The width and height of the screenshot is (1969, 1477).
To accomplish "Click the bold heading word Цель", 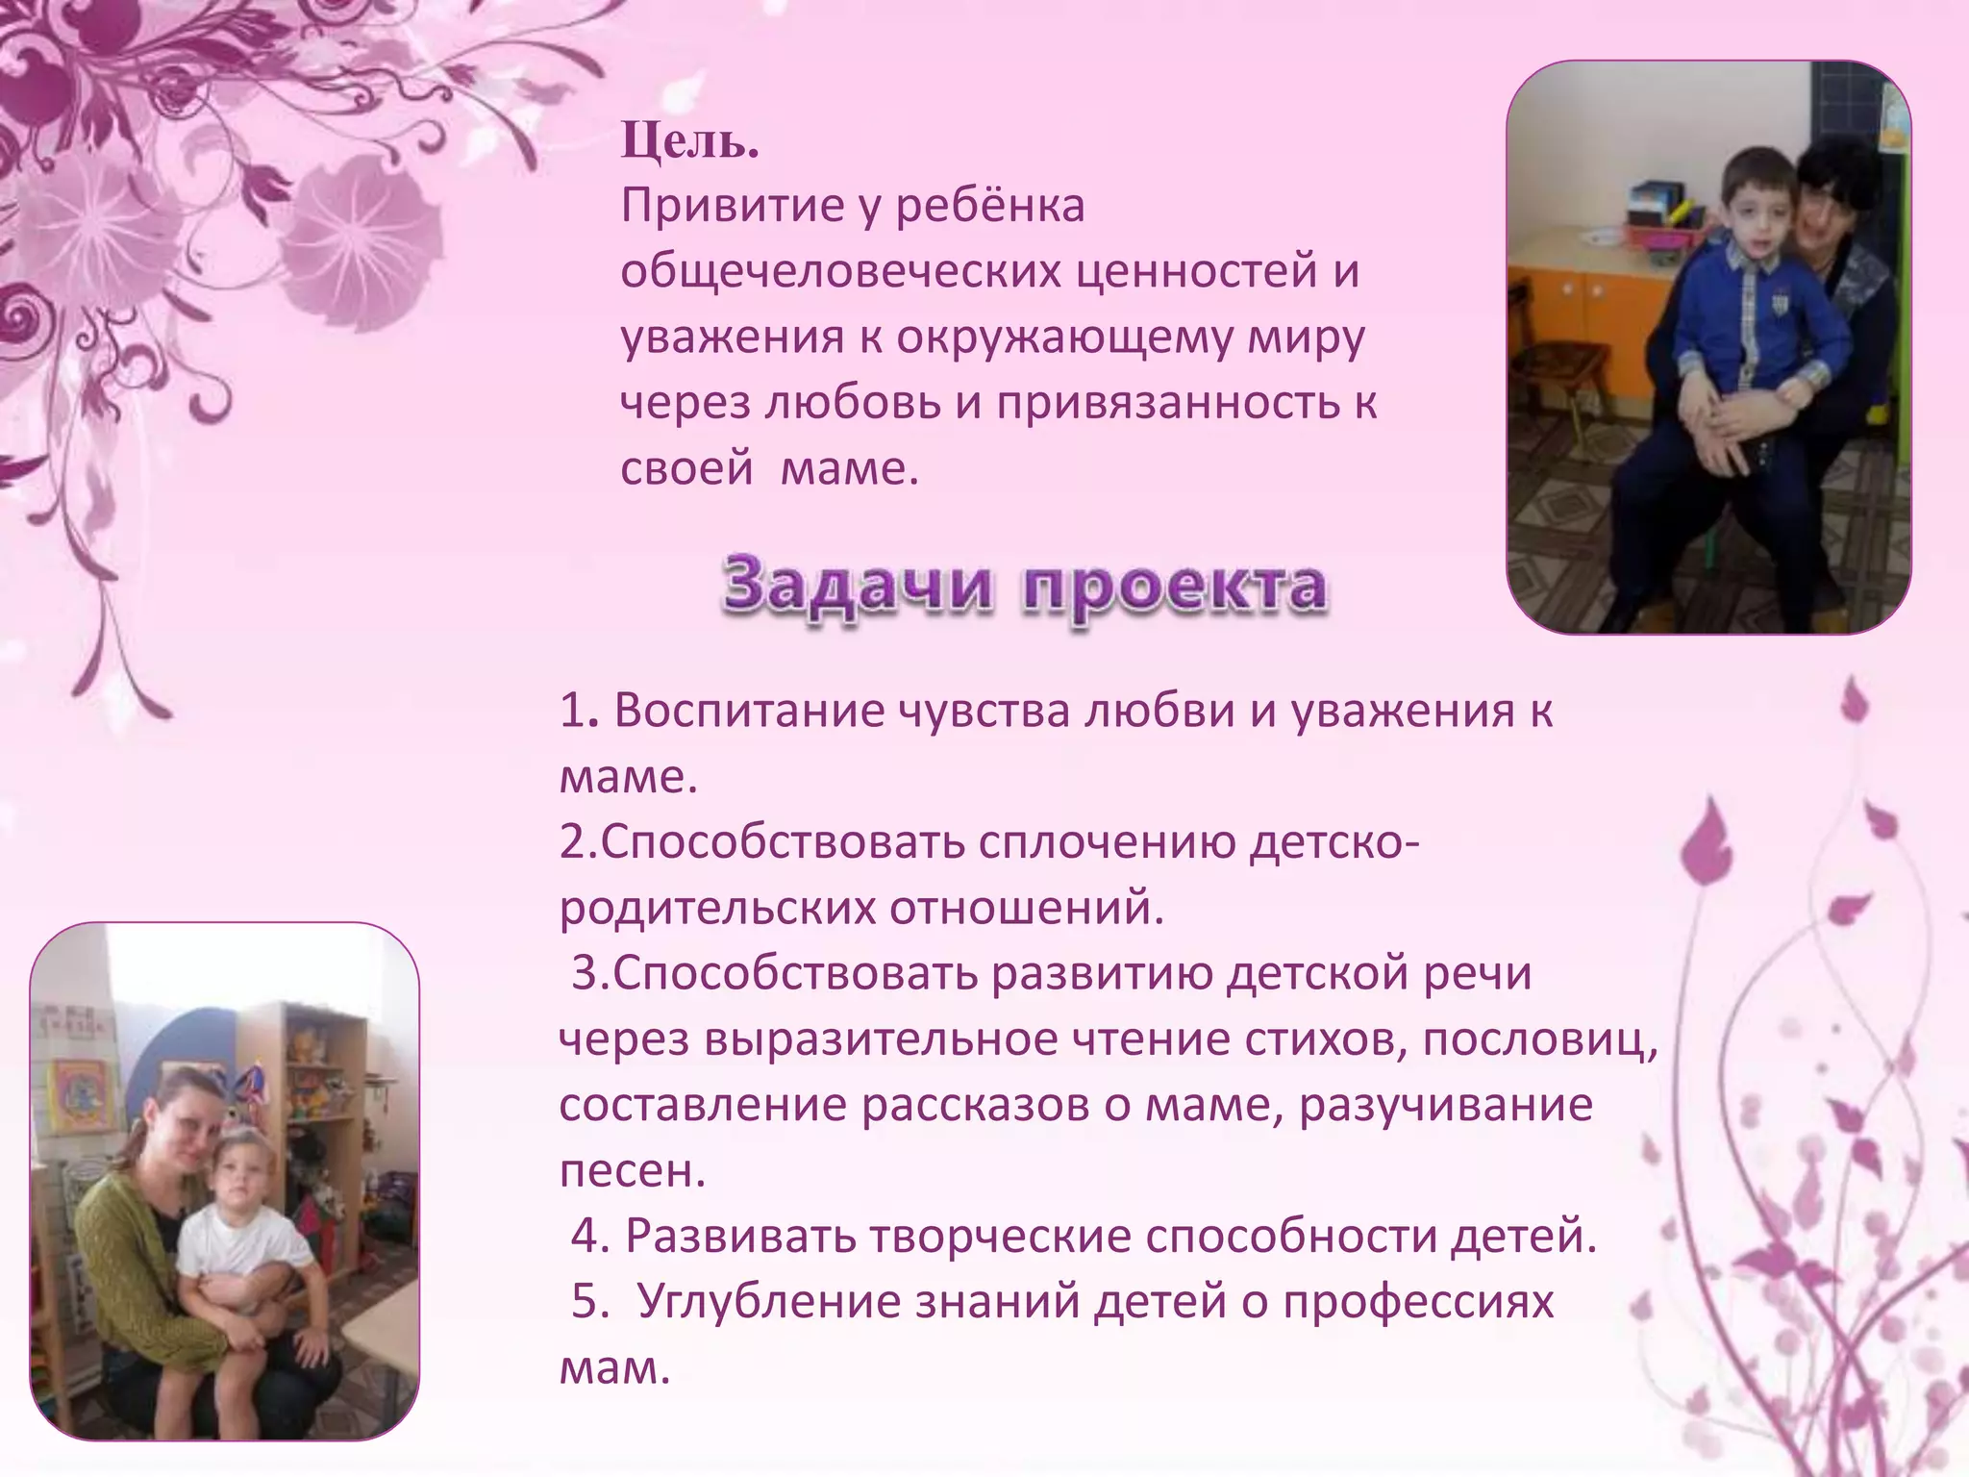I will pyautogui.click(x=689, y=142).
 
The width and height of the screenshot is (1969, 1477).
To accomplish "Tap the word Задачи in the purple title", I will pyautogui.click(x=857, y=585).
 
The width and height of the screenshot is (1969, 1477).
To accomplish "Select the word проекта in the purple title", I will pyautogui.click(x=1175, y=587).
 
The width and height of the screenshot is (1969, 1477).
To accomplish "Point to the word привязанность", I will pyautogui.click(x=1167, y=404).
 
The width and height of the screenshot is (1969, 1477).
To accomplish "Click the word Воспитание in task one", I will pyautogui.click(x=748, y=712).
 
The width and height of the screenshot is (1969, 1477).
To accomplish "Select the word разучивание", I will pyautogui.click(x=1446, y=1106).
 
